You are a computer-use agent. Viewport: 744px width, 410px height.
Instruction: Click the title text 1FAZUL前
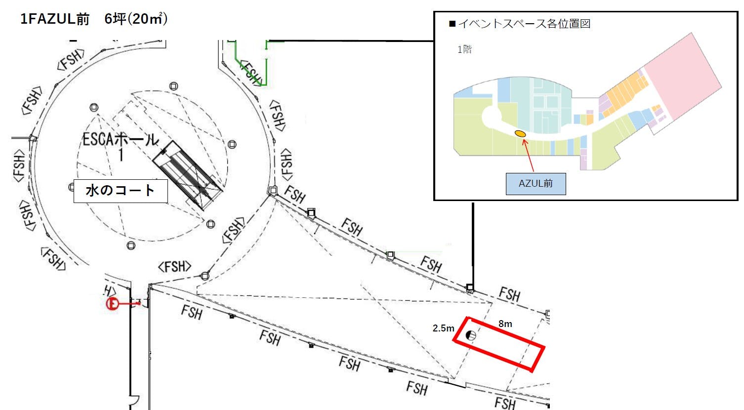pyautogui.click(x=55, y=19)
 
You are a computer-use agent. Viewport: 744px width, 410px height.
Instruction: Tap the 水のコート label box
pyautogui.click(x=121, y=191)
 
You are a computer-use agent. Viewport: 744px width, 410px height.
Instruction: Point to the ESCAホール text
pyautogui.click(x=120, y=140)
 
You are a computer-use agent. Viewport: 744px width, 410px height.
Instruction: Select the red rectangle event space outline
pyautogui.click(x=499, y=343)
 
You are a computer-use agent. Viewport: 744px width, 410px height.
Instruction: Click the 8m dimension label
pyautogui.click(x=505, y=324)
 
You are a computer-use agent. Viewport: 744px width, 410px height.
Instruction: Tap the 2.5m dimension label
pyautogui.click(x=443, y=328)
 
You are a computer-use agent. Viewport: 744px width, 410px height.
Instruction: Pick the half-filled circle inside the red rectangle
pyautogui.click(x=471, y=336)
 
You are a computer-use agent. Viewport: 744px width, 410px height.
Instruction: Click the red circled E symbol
pyautogui.click(x=113, y=303)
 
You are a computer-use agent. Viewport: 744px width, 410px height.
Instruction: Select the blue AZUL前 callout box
pyautogui.click(x=536, y=183)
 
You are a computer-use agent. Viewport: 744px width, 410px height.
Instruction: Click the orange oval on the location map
pyautogui.click(x=520, y=133)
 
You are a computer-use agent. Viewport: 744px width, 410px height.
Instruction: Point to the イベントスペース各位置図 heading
pyautogui.click(x=524, y=24)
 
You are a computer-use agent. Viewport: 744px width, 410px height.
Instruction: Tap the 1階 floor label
pyautogui.click(x=464, y=49)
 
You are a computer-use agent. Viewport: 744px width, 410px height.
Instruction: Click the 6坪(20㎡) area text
pyautogui.click(x=136, y=19)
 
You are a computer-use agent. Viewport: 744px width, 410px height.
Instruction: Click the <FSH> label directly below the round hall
pyautogui.click(x=174, y=267)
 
